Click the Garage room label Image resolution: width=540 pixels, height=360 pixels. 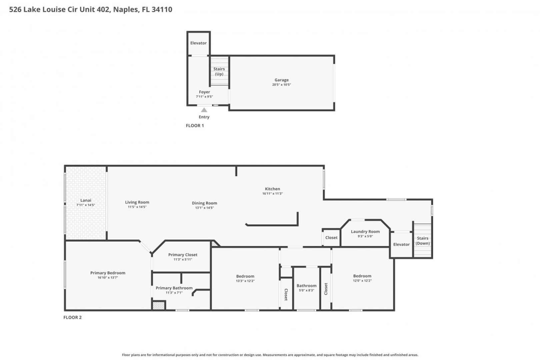tap(282, 80)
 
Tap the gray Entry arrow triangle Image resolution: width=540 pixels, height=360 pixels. tap(204, 110)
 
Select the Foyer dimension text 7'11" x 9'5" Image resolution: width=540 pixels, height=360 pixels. tap(204, 97)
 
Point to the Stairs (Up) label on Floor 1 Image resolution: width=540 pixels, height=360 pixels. tap(219, 71)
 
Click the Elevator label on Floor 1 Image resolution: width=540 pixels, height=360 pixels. tap(198, 43)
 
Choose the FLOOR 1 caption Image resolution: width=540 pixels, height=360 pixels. tap(195, 126)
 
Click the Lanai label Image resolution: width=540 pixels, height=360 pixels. tap(86, 200)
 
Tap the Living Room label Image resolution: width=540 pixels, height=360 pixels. tap(137, 202)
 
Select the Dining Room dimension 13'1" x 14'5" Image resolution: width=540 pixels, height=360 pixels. tap(204, 208)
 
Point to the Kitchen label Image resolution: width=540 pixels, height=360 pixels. tap(272, 189)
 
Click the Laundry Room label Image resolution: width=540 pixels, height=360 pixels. tap(365, 231)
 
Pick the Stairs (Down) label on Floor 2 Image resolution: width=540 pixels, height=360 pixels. tap(423, 241)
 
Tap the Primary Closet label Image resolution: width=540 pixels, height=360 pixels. tap(183, 255)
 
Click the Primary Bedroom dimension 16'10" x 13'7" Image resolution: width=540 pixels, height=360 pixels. tap(108, 278)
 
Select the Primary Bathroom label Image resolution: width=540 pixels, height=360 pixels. tap(174, 288)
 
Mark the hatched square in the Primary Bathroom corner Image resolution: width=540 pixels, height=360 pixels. tap(159, 306)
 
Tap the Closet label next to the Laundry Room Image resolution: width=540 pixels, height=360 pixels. tap(331, 238)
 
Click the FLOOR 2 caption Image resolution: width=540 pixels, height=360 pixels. tap(72, 317)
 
